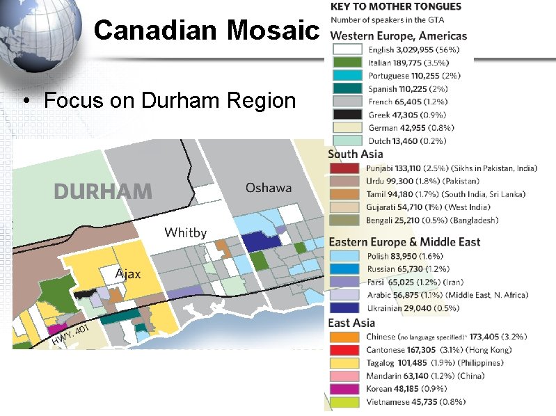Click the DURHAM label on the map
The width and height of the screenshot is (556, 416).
(x=103, y=191)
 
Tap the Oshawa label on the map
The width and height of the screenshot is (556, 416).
(x=269, y=188)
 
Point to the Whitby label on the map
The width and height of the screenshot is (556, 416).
(x=185, y=232)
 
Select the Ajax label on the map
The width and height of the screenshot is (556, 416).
(x=127, y=273)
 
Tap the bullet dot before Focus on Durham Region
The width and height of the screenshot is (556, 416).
(x=25, y=102)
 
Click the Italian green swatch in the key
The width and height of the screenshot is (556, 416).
(x=347, y=63)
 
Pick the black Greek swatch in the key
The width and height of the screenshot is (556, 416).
(x=347, y=115)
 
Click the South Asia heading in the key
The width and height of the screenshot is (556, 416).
(x=355, y=154)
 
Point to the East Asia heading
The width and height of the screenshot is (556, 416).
(x=351, y=323)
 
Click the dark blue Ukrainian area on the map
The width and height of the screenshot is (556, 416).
(x=260, y=241)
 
